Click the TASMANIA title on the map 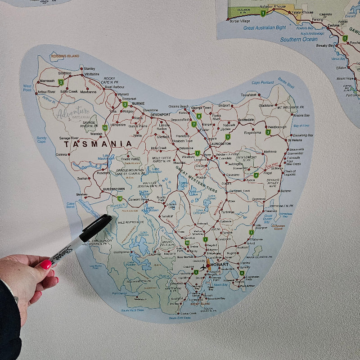tap(98, 144)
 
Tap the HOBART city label tap(219, 264)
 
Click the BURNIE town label tap(138, 103)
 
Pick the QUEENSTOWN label tap(114, 189)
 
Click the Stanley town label tap(89, 68)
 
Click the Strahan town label tap(82, 194)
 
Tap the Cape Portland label tap(262, 83)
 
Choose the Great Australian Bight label tap(265, 27)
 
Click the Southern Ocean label tap(298, 39)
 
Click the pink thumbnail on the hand tap(45, 264)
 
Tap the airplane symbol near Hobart tap(203, 267)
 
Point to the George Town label tap(201, 108)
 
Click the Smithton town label tap(64, 73)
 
